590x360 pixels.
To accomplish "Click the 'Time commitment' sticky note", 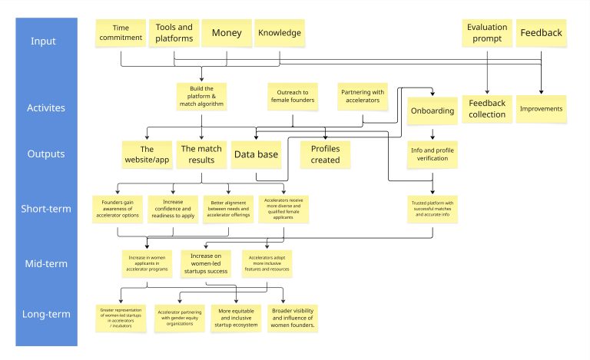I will pyautogui.click(x=121, y=32).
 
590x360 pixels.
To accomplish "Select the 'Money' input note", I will pyautogui.click(x=226, y=33).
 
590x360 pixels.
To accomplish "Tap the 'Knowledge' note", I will pyautogui.click(x=279, y=33).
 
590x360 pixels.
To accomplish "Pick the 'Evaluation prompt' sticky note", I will pyautogui.click(x=487, y=32).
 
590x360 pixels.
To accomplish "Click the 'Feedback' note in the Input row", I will pyautogui.click(x=541, y=33).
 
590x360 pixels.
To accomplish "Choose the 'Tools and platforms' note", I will pyautogui.click(x=174, y=33).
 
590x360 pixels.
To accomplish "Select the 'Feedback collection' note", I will pyautogui.click(x=487, y=108).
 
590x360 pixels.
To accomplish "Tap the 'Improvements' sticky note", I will pyautogui.click(x=541, y=108).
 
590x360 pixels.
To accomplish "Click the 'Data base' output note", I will pyautogui.click(x=256, y=154).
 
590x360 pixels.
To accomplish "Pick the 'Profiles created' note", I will pyautogui.click(x=325, y=154).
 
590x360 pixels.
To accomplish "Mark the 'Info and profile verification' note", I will pyautogui.click(x=433, y=155).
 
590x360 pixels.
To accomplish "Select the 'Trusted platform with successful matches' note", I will pyautogui.click(x=434, y=208).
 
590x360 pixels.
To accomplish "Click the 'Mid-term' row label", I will pyautogui.click(x=48, y=263).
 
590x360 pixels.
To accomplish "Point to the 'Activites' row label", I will pyautogui.click(x=48, y=109).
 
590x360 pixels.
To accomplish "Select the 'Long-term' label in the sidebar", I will pyautogui.click(x=48, y=314).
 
